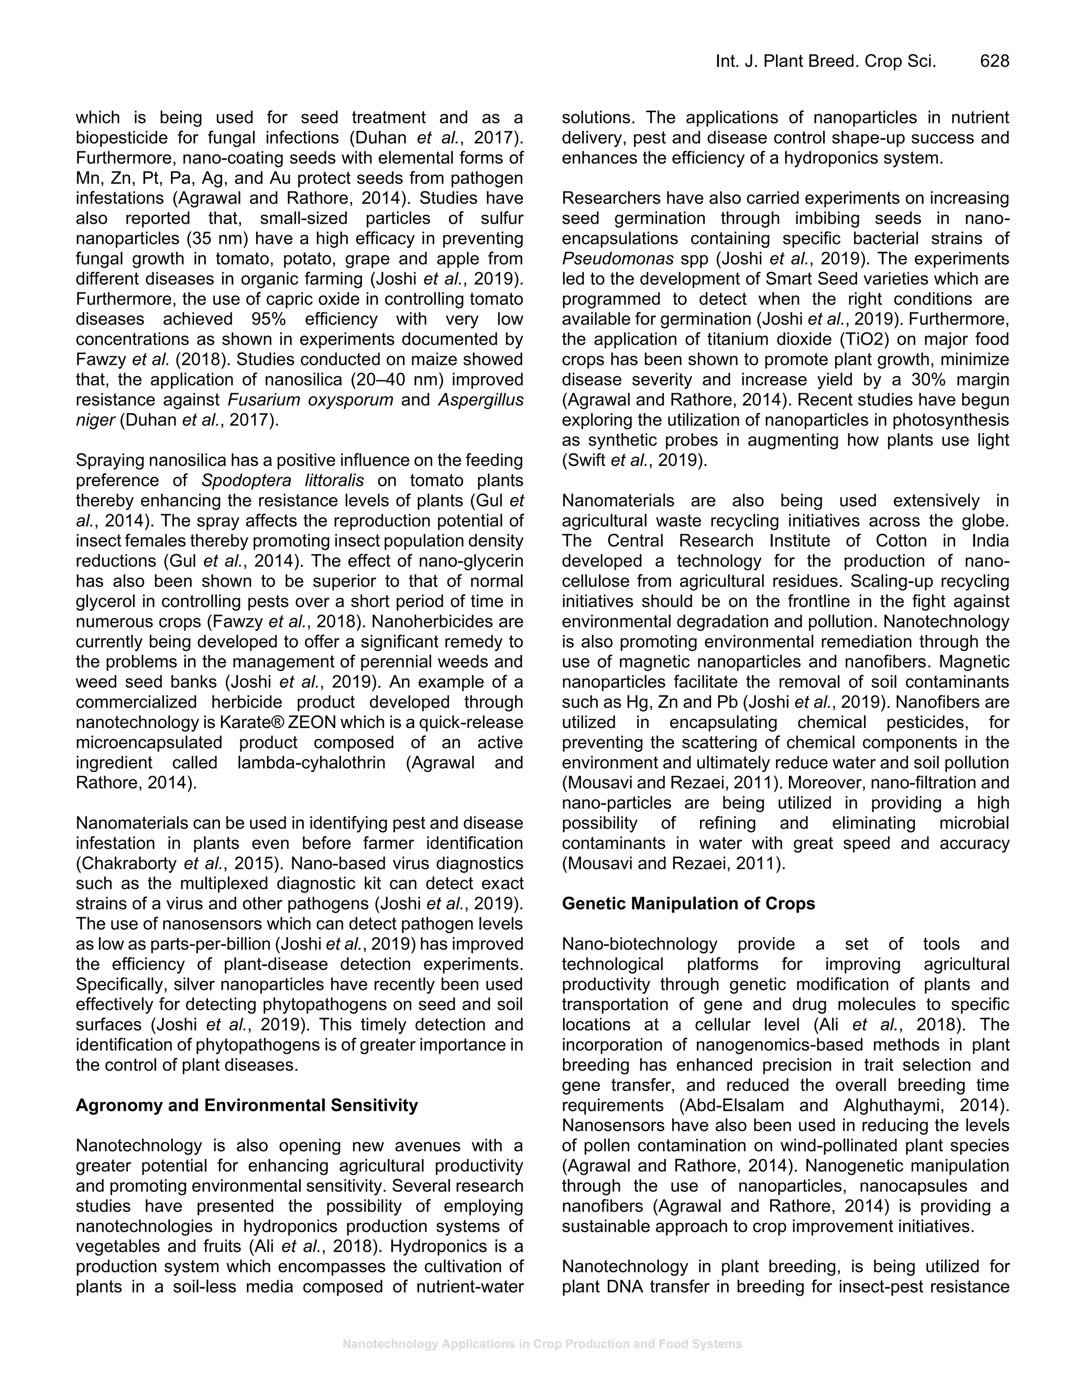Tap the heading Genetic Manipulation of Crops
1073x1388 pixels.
(x=688, y=903)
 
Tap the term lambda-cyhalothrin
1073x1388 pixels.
(x=312, y=763)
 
